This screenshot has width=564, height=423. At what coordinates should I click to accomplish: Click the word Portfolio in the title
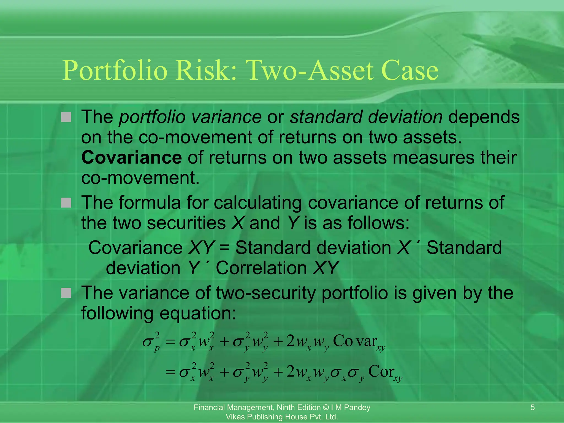tap(115, 70)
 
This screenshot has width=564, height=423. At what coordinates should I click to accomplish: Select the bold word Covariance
tap(131, 158)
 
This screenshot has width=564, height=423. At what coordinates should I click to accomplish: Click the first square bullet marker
tap(66, 117)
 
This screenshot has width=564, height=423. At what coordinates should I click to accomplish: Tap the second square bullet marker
tap(66, 203)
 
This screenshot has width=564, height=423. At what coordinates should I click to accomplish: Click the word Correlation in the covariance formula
tap(261, 268)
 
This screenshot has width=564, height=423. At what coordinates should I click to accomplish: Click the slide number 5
tap(532, 408)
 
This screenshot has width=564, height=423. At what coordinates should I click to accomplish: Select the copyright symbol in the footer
tap(326, 408)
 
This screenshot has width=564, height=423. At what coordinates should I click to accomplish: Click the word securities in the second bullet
tap(186, 223)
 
